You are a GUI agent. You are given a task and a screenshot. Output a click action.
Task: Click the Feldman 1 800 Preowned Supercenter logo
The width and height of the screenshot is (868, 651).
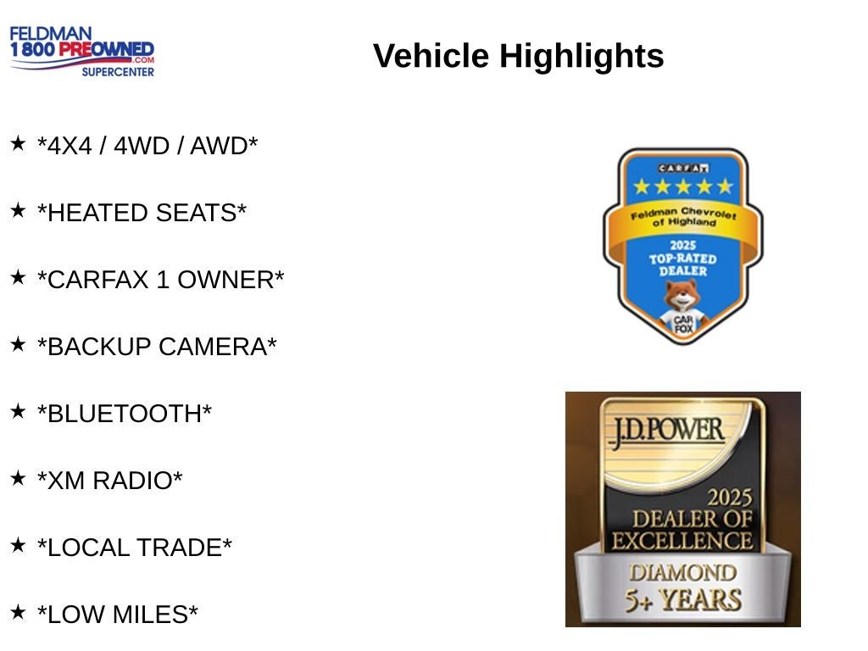[82, 51]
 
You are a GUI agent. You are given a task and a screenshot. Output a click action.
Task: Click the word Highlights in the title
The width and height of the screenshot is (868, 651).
[581, 56]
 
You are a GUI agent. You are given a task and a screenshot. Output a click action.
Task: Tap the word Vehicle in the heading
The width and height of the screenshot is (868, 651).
[431, 56]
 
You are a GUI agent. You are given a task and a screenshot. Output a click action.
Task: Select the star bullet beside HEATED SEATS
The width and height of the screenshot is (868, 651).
[18, 210]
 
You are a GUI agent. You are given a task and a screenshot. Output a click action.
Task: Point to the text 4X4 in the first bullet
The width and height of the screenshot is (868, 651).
[70, 146]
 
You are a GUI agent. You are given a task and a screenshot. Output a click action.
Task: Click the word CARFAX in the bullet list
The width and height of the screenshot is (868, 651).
[98, 280]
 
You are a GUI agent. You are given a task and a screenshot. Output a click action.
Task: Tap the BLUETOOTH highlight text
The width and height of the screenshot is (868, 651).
[125, 414]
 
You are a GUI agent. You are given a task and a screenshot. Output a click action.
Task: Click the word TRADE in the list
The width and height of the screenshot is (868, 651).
[180, 548]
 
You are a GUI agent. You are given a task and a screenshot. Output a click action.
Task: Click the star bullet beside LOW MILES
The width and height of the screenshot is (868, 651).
[18, 612]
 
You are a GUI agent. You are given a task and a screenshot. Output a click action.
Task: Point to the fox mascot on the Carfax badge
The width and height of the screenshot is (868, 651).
[683, 308]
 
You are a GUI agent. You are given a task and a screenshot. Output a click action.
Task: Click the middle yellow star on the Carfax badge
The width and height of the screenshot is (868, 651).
[683, 186]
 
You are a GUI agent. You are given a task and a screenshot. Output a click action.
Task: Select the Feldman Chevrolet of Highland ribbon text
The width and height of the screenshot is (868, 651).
[683, 216]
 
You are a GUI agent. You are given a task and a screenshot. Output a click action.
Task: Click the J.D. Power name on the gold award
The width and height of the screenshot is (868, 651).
[667, 431]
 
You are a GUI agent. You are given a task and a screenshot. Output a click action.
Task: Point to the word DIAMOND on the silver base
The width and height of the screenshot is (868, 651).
[682, 573]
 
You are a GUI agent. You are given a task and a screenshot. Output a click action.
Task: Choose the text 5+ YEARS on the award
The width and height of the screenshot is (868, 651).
[683, 600]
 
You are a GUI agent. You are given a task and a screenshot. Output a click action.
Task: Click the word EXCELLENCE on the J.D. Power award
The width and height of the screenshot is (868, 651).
[682, 541]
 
